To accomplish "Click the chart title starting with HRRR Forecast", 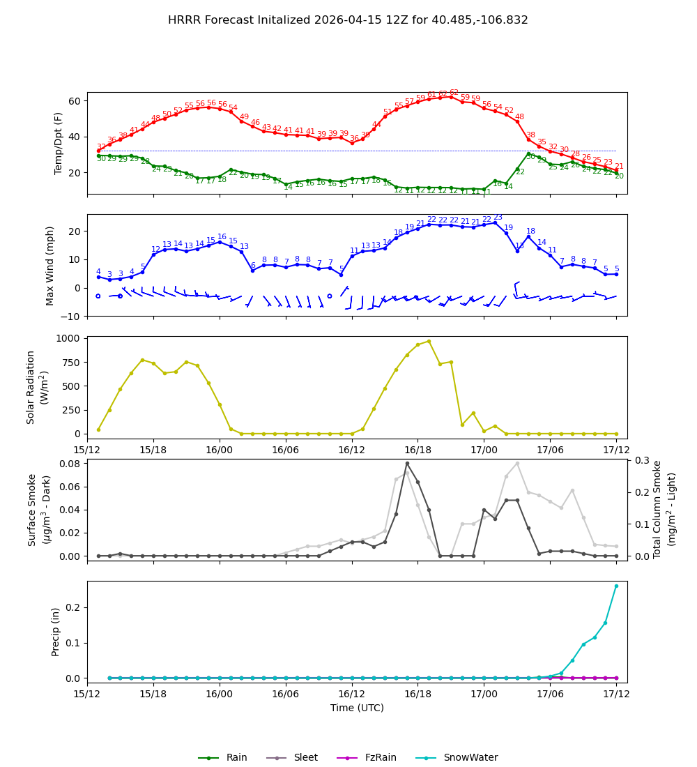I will [x=348, y=20].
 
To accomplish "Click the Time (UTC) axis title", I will [x=357, y=708].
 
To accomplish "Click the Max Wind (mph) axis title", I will [x=50, y=265].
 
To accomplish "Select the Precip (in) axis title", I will [x=56, y=631].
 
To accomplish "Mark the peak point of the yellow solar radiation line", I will [x=429, y=341].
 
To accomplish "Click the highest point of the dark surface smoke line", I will [x=407, y=463].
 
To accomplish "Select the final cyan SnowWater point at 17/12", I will [x=616, y=586].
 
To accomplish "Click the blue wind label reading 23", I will [x=498, y=218].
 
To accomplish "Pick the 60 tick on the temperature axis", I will [x=74, y=100].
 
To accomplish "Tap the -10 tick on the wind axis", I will [x=71, y=317].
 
